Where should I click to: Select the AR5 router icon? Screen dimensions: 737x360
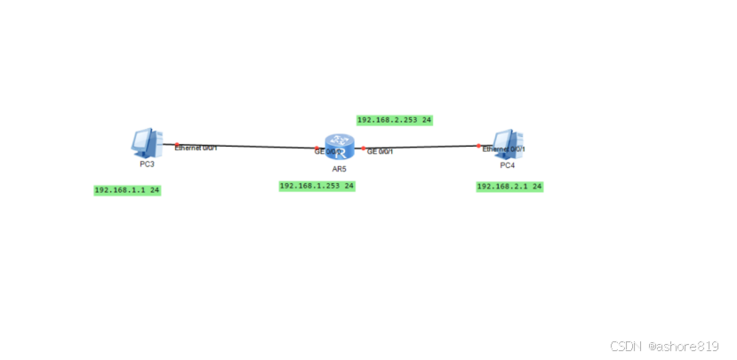click(339, 147)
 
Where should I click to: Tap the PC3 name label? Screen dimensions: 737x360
click(147, 164)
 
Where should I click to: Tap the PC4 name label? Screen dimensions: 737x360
click(507, 165)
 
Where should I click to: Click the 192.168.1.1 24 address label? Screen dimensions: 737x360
click(127, 190)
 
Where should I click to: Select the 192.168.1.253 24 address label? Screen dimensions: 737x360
click(317, 186)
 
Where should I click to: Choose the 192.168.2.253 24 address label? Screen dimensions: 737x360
click(394, 119)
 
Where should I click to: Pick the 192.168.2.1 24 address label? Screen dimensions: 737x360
click(509, 187)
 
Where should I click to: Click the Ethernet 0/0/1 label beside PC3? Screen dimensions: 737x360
click(196, 148)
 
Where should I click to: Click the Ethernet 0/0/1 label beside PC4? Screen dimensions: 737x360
click(503, 149)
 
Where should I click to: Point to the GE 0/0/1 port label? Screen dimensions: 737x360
click(381, 152)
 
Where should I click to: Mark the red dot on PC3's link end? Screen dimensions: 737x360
click(177, 144)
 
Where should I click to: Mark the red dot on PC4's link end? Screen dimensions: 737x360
click(478, 145)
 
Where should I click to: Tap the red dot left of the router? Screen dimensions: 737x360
click(317, 148)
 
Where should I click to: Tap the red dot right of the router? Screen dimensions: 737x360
click(363, 148)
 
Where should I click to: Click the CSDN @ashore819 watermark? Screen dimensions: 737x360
click(666, 346)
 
